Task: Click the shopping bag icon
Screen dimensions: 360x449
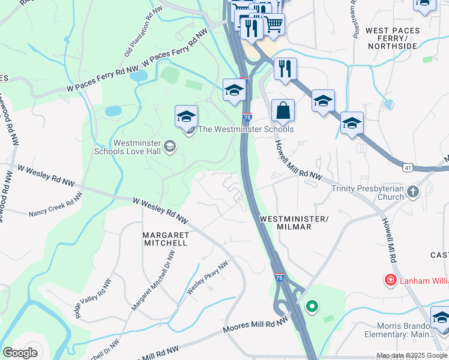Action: tap(283, 111)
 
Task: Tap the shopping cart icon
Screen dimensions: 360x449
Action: tap(274, 24)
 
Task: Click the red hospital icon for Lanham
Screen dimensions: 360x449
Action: tap(390, 280)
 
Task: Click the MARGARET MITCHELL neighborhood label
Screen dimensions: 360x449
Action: tap(165, 239)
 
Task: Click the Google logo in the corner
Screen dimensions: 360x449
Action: tap(20, 353)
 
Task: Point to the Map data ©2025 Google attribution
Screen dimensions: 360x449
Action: tap(412, 356)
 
